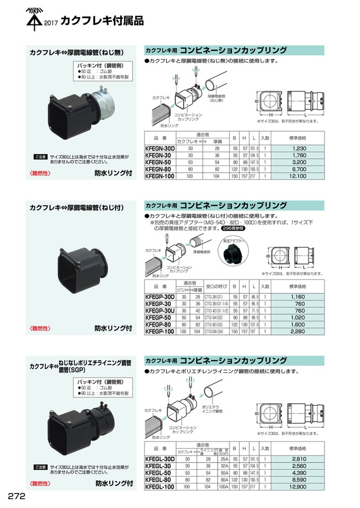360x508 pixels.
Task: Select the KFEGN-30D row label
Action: click(160, 148)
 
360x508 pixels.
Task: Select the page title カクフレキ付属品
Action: click(102, 22)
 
